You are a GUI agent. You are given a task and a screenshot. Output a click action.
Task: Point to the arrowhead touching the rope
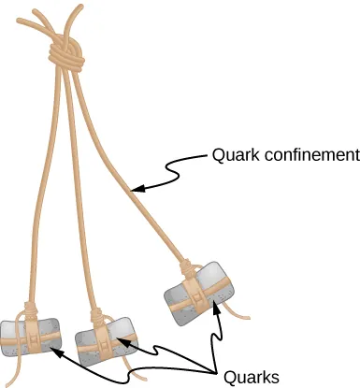pos(136,190)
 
